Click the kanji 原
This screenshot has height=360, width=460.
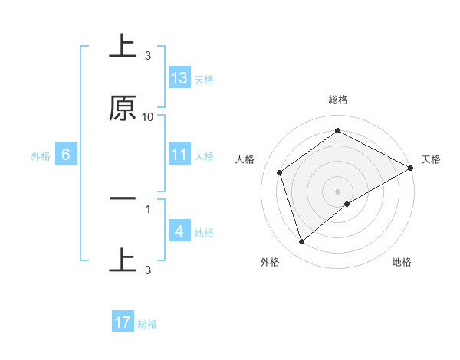[123, 108]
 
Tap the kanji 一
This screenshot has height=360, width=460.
[123, 198]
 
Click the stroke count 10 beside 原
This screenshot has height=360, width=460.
[148, 117]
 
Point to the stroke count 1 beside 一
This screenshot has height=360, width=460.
[148, 208]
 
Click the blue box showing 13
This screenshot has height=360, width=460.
[179, 77]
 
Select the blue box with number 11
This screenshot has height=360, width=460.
[179, 154]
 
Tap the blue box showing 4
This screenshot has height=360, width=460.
[179, 231]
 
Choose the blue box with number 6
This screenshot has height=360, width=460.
[66, 155]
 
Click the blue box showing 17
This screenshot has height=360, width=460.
[123, 322]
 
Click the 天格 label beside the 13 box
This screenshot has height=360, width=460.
[204, 79]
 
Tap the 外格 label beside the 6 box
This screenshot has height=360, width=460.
[41, 156]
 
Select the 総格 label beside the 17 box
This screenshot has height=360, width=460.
[147, 324]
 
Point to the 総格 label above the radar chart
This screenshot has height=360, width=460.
[338, 100]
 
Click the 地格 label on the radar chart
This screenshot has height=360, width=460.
[402, 262]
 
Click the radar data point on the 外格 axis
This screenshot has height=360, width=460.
[301, 242]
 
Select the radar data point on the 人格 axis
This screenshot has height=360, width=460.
[280, 172]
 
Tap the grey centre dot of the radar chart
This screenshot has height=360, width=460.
[338, 191]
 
